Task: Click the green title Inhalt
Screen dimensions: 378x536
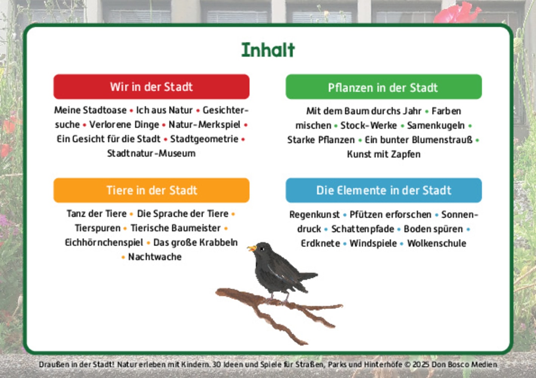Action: tap(268, 50)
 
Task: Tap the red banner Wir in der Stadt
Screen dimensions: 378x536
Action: tap(151, 87)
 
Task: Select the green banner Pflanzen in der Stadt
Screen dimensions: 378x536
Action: tap(383, 87)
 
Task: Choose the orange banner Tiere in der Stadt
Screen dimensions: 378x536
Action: tap(151, 190)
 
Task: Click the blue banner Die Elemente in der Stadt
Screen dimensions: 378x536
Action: tap(384, 190)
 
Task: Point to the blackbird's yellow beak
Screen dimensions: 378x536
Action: tap(251, 248)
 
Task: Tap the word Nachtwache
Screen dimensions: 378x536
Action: tap(155, 257)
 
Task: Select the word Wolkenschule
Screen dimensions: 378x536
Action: tap(437, 243)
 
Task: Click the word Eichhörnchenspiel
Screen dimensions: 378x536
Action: tap(104, 242)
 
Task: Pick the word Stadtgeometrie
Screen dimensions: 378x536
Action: tap(204, 139)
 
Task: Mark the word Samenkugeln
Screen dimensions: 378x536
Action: tap(436, 125)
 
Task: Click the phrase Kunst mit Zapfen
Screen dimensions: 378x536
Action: tap(384, 154)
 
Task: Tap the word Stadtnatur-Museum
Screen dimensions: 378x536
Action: tap(151, 153)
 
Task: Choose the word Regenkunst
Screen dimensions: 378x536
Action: tap(314, 215)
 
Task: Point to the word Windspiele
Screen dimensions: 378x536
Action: tap(373, 243)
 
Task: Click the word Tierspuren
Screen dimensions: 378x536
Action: tap(98, 228)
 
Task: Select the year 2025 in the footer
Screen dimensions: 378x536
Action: tap(421, 365)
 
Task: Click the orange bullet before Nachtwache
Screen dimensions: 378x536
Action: tap(123, 257)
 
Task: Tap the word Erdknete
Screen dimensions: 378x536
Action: tap(320, 243)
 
